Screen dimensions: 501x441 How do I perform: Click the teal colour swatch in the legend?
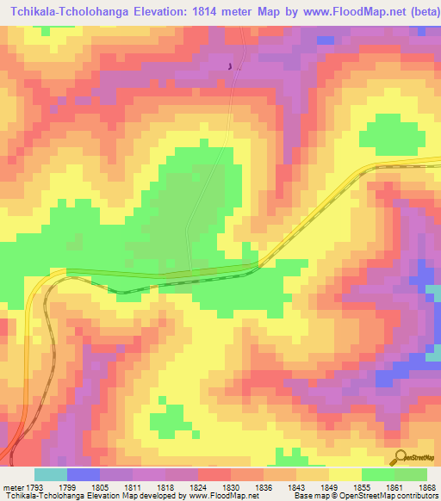point(50,474)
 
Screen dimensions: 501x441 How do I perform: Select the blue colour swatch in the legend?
point(83,474)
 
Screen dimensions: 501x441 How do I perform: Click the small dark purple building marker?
point(229,65)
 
